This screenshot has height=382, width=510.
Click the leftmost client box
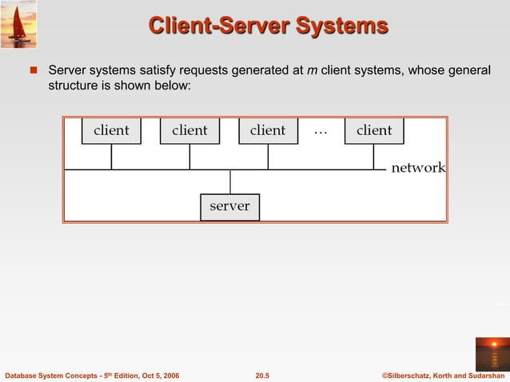(111, 131)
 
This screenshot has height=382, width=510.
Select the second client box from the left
(189, 131)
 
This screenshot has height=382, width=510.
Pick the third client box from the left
(268, 131)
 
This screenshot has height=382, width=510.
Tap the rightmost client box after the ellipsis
(374, 131)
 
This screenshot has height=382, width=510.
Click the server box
(229, 206)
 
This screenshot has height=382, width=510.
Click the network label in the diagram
(417, 168)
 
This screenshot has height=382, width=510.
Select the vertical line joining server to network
(230, 181)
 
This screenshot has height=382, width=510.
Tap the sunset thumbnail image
(491, 352)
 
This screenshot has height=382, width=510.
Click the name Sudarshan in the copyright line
(483, 375)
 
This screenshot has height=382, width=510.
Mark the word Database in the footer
(23, 375)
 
